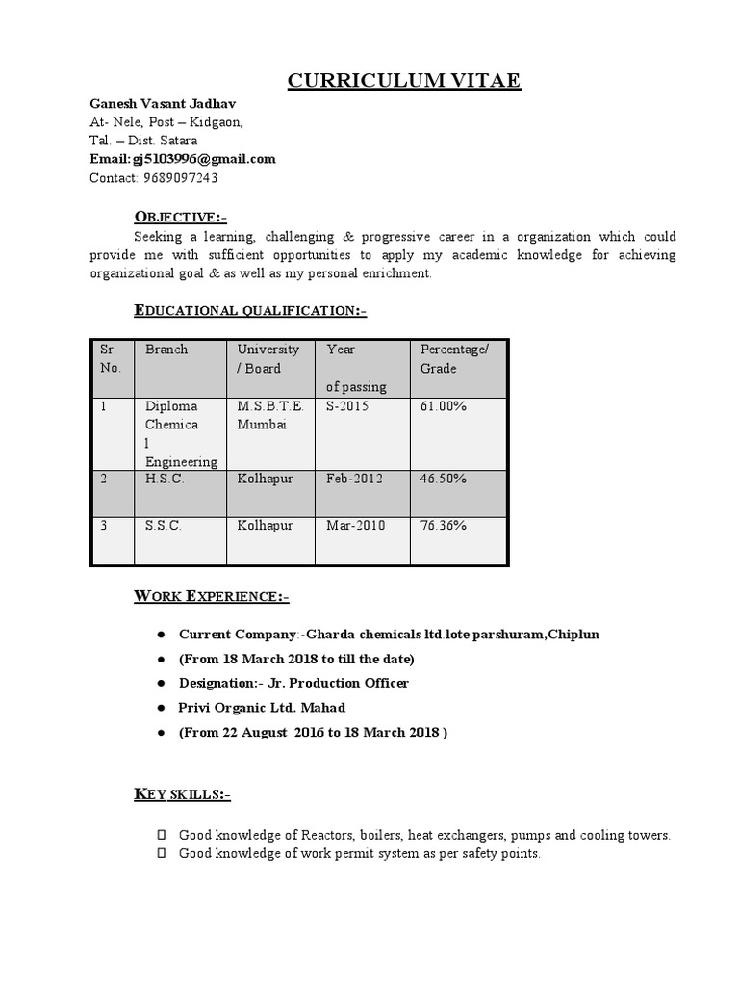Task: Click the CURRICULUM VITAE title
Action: click(x=404, y=80)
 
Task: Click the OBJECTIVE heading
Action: click(x=180, y=216)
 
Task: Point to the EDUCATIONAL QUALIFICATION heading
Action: click(x=250, y=310)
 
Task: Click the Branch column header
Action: click(x=166, y=350)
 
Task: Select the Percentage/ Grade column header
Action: click(x=454, y=358)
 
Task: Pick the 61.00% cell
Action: click(x=444, y=406)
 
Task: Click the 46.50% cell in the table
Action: click(x=444, y=478)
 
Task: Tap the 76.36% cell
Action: click(x=444, y=526)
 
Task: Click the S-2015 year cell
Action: click(x=347, y=406)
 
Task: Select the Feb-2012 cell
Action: click(x=354, y=478)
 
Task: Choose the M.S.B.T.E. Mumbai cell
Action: click(x=270, y=415)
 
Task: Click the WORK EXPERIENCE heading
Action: click(x=211, y=597)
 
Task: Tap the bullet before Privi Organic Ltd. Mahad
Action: click(x=159, y=708)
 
